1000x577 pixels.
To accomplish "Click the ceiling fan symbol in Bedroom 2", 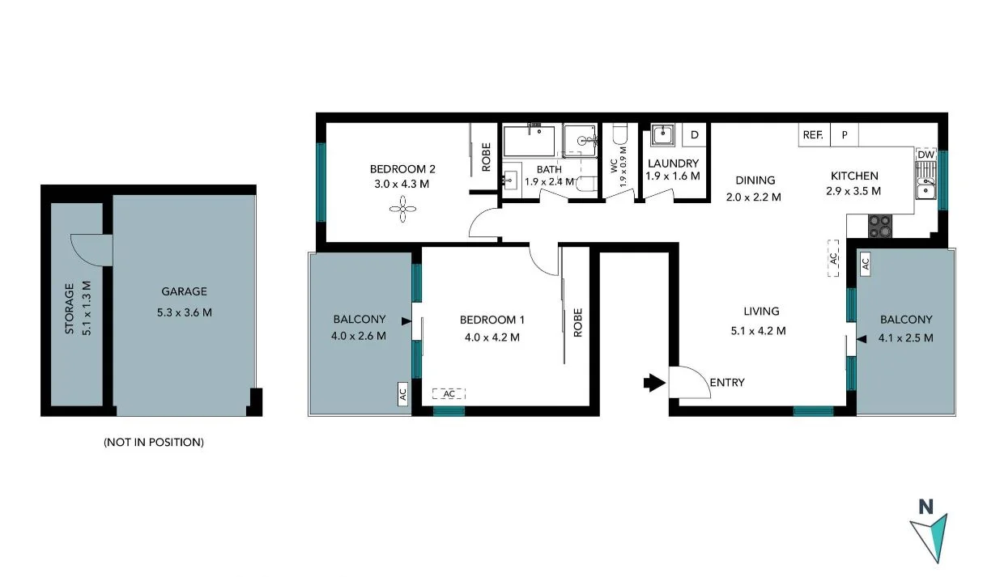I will tap(402, 210).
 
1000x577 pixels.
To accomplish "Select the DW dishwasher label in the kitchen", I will tap(926, 155).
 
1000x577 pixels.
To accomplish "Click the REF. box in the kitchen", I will tap(812, 135).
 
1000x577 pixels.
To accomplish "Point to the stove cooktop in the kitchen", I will tap(879, 225).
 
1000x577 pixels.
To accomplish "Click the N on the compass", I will tap(926, 507).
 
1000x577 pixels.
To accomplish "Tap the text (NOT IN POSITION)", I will tap(153, 442).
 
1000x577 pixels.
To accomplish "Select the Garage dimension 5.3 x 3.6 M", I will tap(184, 312).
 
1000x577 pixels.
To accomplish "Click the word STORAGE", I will tap(70, 308).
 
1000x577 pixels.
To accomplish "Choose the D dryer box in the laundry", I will tap(694, 134).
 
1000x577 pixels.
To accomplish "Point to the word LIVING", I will tap(761, 311).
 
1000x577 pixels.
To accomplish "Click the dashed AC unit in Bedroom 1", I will tap(449, 393).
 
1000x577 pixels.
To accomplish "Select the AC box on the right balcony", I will tap(865, 262).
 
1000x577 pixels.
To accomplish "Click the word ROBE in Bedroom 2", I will tap(486, 156).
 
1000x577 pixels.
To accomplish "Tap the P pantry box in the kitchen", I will tap(845, 135).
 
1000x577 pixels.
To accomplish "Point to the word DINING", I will tap(755, 180).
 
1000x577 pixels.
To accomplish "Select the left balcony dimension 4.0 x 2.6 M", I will tap(359, 336).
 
